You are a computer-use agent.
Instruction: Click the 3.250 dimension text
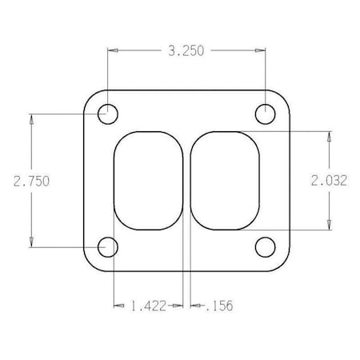pyautogui.click(x=186, y=50)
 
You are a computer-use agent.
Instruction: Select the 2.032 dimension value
pyautogui.click(x=328, y=182)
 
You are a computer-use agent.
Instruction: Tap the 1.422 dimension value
pyautogui.click(x=149, y=305)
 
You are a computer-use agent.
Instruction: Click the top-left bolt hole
pyautogui.click(x=107, y=114)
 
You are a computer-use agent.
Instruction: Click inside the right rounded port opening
pyautogui.click(x=227, y=181)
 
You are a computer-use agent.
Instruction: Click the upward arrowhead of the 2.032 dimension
pyautogui.click(x=328, y=136)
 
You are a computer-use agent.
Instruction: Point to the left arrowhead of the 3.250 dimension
pyautogui.click(x=113, y=50)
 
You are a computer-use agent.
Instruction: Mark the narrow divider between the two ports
pyautogui.click(x=189, y=181)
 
